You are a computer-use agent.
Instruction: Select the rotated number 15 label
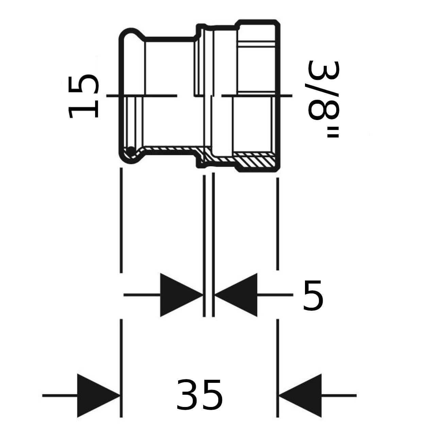pyautogui.click(x=83, y=96)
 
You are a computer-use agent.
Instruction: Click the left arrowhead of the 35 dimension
pyautogui.click(x=99, y=395)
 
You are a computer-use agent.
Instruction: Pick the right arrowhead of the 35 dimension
pyautogui.click(x=300, y=395)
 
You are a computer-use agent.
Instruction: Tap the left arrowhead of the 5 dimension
pyautogui.click(x=182, y=295)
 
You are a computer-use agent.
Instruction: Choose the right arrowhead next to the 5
pyautogui.click(x=236, y=295)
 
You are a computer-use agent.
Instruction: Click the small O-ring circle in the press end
pyautogui.click(x=131, y=151)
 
